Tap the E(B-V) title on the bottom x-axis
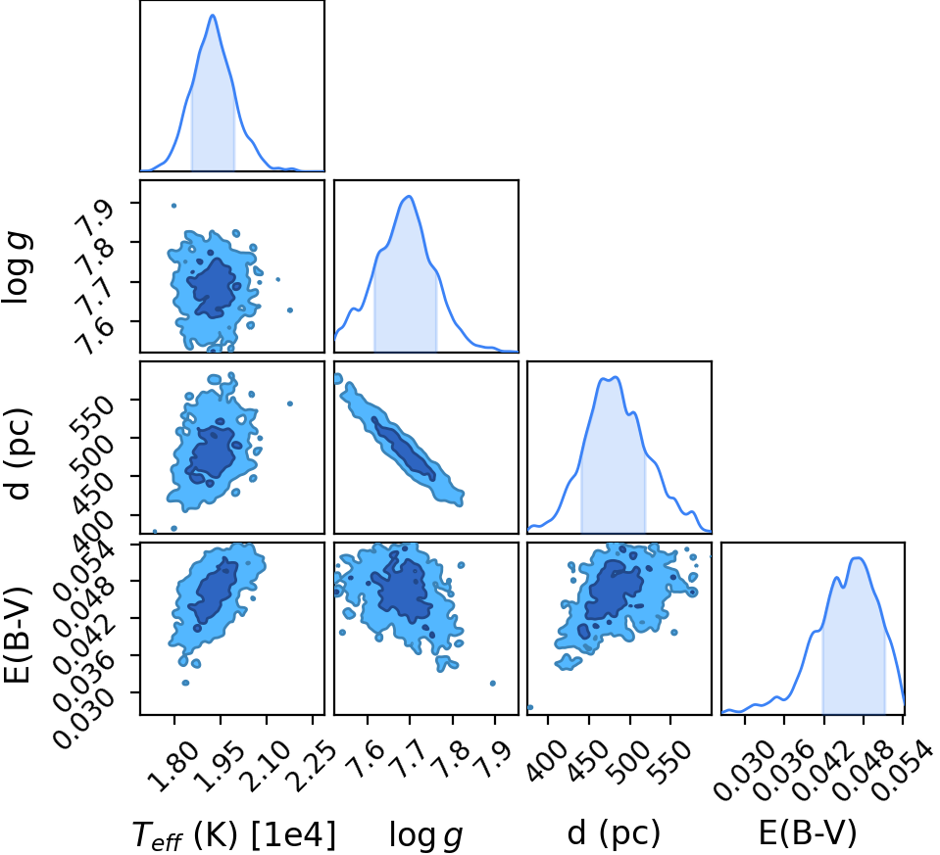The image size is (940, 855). point(808,832)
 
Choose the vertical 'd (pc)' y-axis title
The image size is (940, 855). point(18,454)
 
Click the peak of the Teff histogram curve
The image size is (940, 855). point(213,16)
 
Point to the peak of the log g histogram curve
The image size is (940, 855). point(409,197)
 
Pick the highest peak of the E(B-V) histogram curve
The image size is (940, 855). point(858,558)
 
